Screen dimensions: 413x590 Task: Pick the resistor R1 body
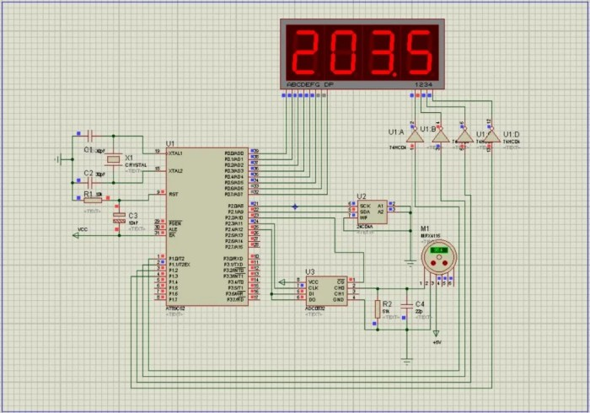pyautogui.click(x=94, y=200)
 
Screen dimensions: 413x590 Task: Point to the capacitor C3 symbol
pyautogui.click(x=119, y=217)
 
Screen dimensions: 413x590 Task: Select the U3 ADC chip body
pyautogui.click(x=325, y=290)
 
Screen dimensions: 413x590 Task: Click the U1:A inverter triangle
pyautogui.click(x=415, y=135)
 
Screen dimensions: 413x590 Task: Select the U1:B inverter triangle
pyautogui.click(x=439, y=135)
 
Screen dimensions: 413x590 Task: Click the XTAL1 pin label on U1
pyautogui.click(x=176, y=153)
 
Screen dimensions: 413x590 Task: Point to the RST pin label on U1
pyautogui.click(x=173, y=194)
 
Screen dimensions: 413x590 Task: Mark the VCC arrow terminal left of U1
pyautogui.click(x=77, y=235)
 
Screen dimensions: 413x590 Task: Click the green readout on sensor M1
pyautogui.click(x=438, y=250)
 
